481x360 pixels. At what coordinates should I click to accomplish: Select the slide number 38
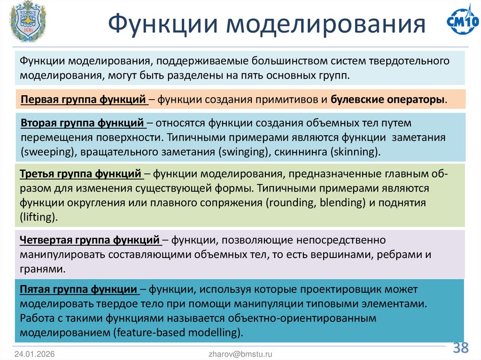pos(461,348)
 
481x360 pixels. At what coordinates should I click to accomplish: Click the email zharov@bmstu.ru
pos(240,354)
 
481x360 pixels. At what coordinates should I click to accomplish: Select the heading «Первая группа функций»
pos(83,100)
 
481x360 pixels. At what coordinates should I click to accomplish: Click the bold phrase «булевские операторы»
pos(388,100)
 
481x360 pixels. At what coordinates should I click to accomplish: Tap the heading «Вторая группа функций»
pos(83,123)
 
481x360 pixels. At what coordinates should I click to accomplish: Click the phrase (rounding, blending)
pos(309,203)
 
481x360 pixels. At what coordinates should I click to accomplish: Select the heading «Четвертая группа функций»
pos(90,241)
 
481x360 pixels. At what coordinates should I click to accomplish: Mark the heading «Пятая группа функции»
pos(78,289)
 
